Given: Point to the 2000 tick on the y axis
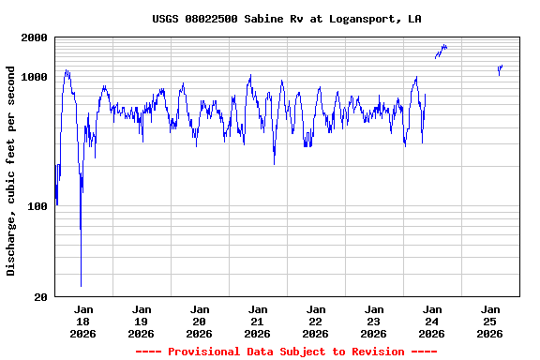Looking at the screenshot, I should click(x=35, y=37).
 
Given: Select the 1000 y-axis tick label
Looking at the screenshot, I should click(x=35, y=77).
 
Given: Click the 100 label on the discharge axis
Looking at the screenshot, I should click(x=37, y=206).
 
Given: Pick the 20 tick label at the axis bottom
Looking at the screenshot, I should click(x=40, y=297).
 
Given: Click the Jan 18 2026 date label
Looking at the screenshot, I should click(x=83, y=321).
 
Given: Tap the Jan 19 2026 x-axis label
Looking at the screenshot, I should click(x=142, y=321).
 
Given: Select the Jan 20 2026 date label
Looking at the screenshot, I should click(x=200, y=321).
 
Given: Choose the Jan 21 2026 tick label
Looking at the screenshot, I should click(x=258, y=321).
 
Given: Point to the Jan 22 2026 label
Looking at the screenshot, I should click(x=316, y=321).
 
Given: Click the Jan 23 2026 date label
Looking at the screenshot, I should click(x=374, y=321).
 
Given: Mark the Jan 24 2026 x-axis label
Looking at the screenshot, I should click(x=432, y=321).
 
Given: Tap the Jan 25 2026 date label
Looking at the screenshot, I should click(x=490, y=321).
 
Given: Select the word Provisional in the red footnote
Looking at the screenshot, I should click(x=203, y=352).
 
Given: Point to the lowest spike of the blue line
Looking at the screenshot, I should click(x=81, y=284).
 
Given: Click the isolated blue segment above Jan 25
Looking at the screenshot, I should click(x=501, y=68).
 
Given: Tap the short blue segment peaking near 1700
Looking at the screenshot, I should click(x=442, y=50).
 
